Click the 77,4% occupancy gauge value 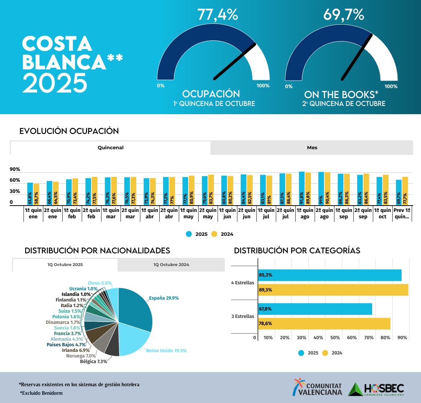[x=218, y=15]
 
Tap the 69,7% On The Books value [x=343, y=15]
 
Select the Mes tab [x=312, y=148]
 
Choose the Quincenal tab [x=110, y=148]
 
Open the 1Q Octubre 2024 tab [x=171, y=265]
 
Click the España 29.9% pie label [x=164, y=298]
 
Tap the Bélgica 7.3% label [x=93, y=362]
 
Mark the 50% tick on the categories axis [x=335, y=338]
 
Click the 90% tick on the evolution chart [x=15, y=169]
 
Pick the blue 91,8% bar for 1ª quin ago [x=302, y=188]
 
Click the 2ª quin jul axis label [x=285, y=213]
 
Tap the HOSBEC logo [x=376, y=389]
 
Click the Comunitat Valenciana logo [x=318, y=388]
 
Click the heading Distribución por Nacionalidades [x=97, y=250]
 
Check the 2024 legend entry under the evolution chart [x=222, y=234]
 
